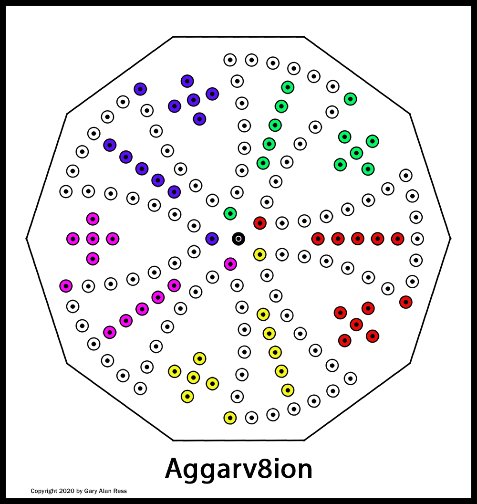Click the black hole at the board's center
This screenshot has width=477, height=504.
coord(238,239)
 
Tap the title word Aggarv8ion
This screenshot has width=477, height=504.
coord(238,469)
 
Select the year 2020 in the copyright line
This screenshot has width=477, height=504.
coord(67,491)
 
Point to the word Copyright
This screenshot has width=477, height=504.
coord(44,491)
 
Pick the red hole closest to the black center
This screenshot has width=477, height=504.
coord(260,223)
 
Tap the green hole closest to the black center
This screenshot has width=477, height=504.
coord(230,213)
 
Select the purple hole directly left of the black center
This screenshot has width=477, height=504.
coord(212,239)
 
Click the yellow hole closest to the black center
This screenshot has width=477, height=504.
coord(260,254)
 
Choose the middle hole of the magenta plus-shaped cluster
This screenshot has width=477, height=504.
coord(93,239)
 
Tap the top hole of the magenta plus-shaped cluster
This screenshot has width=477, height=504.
coord(93,219)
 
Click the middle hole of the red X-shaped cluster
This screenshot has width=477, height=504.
coord(356,325)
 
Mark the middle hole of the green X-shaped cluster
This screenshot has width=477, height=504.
coord(356,153)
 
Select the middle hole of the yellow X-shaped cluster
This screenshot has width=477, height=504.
coord(193,377)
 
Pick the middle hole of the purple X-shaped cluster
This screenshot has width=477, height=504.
coord(193,100)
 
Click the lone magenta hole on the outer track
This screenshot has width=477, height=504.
coord(66,286)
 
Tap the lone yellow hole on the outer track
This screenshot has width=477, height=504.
coord(230,418)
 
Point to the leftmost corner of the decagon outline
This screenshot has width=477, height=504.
coord(26,239)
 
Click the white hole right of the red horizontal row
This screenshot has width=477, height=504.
coord(417,239)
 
